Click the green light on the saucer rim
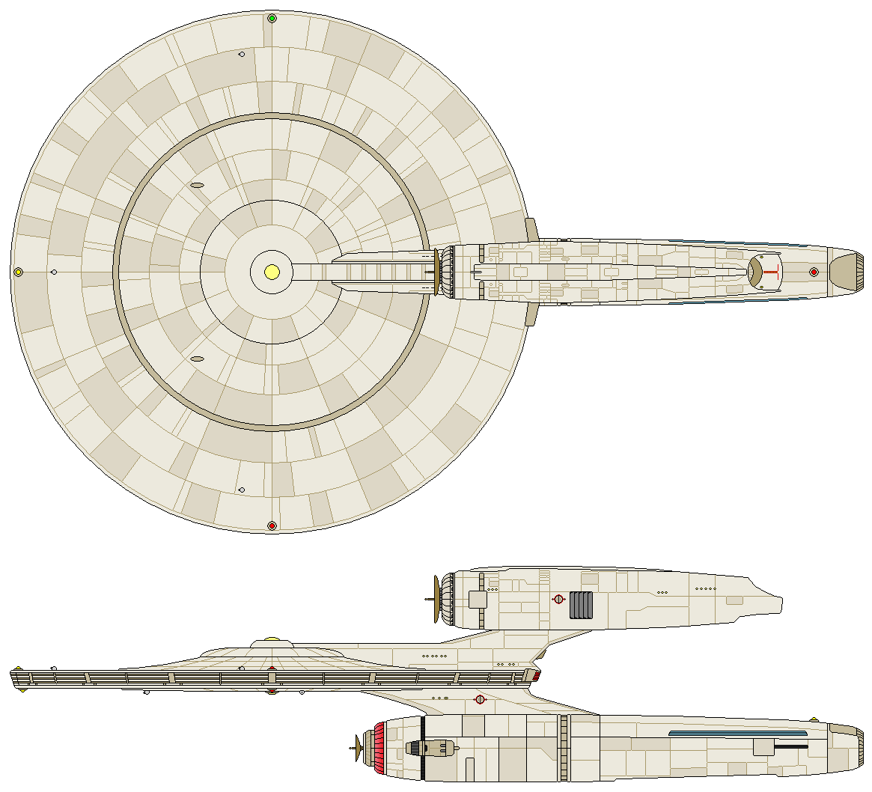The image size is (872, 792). point(272,18)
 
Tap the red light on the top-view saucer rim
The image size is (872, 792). point(272,526)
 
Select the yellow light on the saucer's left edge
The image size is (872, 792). point(18,272)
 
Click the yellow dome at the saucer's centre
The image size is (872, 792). point(272,271)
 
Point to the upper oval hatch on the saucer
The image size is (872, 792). point(197,185)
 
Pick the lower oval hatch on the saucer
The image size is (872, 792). point(197,359)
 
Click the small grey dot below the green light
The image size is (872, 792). point(241,54)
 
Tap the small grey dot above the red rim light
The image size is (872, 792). point(241,490)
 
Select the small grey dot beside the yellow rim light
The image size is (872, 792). point(54,272)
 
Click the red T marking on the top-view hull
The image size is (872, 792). point(772,272)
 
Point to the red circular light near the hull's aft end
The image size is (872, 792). point(814,272)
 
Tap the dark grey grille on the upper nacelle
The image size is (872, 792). point(581,605)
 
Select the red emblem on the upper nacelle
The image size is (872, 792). point(558,598)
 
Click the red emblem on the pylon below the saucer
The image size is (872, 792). point(481,700)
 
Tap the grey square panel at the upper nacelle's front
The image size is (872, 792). point(478,599)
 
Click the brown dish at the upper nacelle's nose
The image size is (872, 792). point(436,599)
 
